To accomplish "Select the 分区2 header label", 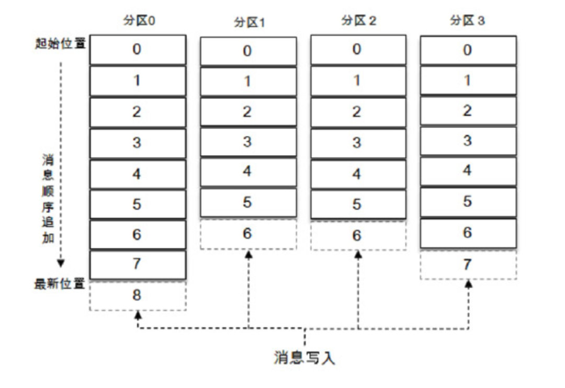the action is (358, 21).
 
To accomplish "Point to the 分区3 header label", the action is (468, 21).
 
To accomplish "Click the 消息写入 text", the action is (304, 358).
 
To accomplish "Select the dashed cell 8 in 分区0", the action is (138, 295).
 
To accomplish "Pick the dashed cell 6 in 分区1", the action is (248, 233).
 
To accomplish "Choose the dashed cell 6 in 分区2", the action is (358, 235).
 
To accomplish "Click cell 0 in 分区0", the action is (138, 50).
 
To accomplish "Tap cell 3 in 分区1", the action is (248, 142).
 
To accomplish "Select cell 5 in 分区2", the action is (358, 204).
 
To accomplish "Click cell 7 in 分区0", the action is (138, 265).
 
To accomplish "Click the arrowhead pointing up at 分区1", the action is (248, 254).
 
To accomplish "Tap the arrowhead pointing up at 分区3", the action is (469, 283).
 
